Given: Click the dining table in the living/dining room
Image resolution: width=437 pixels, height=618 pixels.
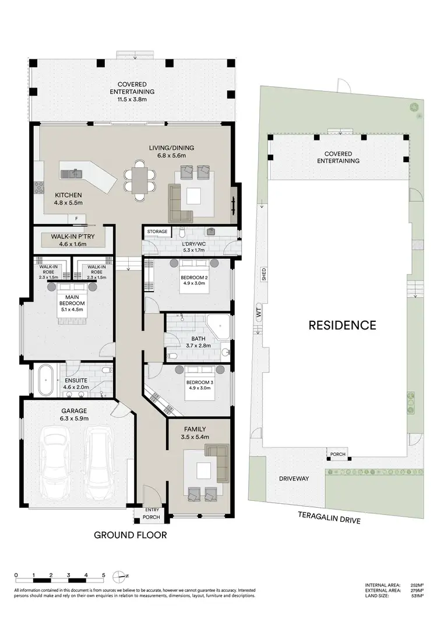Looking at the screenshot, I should (x=140, y=178).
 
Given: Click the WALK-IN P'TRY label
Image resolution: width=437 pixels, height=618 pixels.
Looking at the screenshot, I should (x=68, y=236).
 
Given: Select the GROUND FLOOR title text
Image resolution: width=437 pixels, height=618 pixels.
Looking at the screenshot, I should (x=131, y=535).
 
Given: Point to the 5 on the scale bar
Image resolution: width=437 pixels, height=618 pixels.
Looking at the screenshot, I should (x=103, y=575).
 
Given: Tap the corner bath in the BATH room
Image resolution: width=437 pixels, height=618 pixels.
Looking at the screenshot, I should (x=220, y=326).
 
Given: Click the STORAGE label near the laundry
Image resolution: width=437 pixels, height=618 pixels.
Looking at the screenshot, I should (x=157, y=231).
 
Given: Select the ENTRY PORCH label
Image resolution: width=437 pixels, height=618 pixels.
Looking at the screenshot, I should (x=151, y=512).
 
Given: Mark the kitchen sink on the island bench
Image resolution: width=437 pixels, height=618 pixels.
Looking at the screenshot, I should (x=74, y=173).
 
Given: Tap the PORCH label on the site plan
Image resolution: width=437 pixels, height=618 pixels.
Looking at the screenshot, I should (x=338, y=454).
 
